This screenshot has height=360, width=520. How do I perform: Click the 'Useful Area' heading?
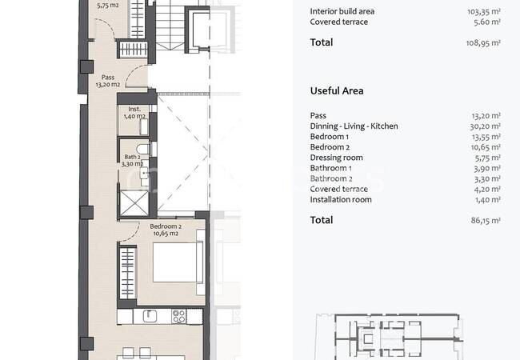tap(337, 91)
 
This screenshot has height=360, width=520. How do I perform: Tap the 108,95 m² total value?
tap(483, 42)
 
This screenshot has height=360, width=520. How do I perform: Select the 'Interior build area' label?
tap(342, 11)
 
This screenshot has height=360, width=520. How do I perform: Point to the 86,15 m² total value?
tap(486, 220)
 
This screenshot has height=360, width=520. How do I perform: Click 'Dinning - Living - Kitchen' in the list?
tap(354, 126)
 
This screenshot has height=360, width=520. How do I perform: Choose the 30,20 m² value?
tap(485, 126)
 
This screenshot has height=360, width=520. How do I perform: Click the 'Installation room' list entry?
tap(341, 199)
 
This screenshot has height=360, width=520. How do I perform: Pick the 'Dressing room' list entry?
tap(336, 158)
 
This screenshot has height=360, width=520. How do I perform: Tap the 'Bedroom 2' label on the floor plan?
tap(166, 226)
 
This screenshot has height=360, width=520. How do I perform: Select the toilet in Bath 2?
tap(143, 149)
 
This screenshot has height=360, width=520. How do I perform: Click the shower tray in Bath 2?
tap(134, 203)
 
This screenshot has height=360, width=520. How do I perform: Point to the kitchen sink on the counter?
tap(150, 316)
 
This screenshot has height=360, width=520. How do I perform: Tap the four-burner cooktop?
tap(178, 316)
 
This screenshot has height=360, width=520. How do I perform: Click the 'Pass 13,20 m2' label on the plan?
tap(108, 81)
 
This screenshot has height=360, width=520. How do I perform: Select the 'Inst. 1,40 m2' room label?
tap(134, 112)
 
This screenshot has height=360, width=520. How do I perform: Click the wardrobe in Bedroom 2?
tap(128, 273)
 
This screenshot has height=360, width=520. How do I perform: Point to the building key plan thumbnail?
tap(389, 336)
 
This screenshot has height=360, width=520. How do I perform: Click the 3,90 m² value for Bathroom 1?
tap(487, 168)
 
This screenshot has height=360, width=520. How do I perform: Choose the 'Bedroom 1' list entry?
tap(330, 137)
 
